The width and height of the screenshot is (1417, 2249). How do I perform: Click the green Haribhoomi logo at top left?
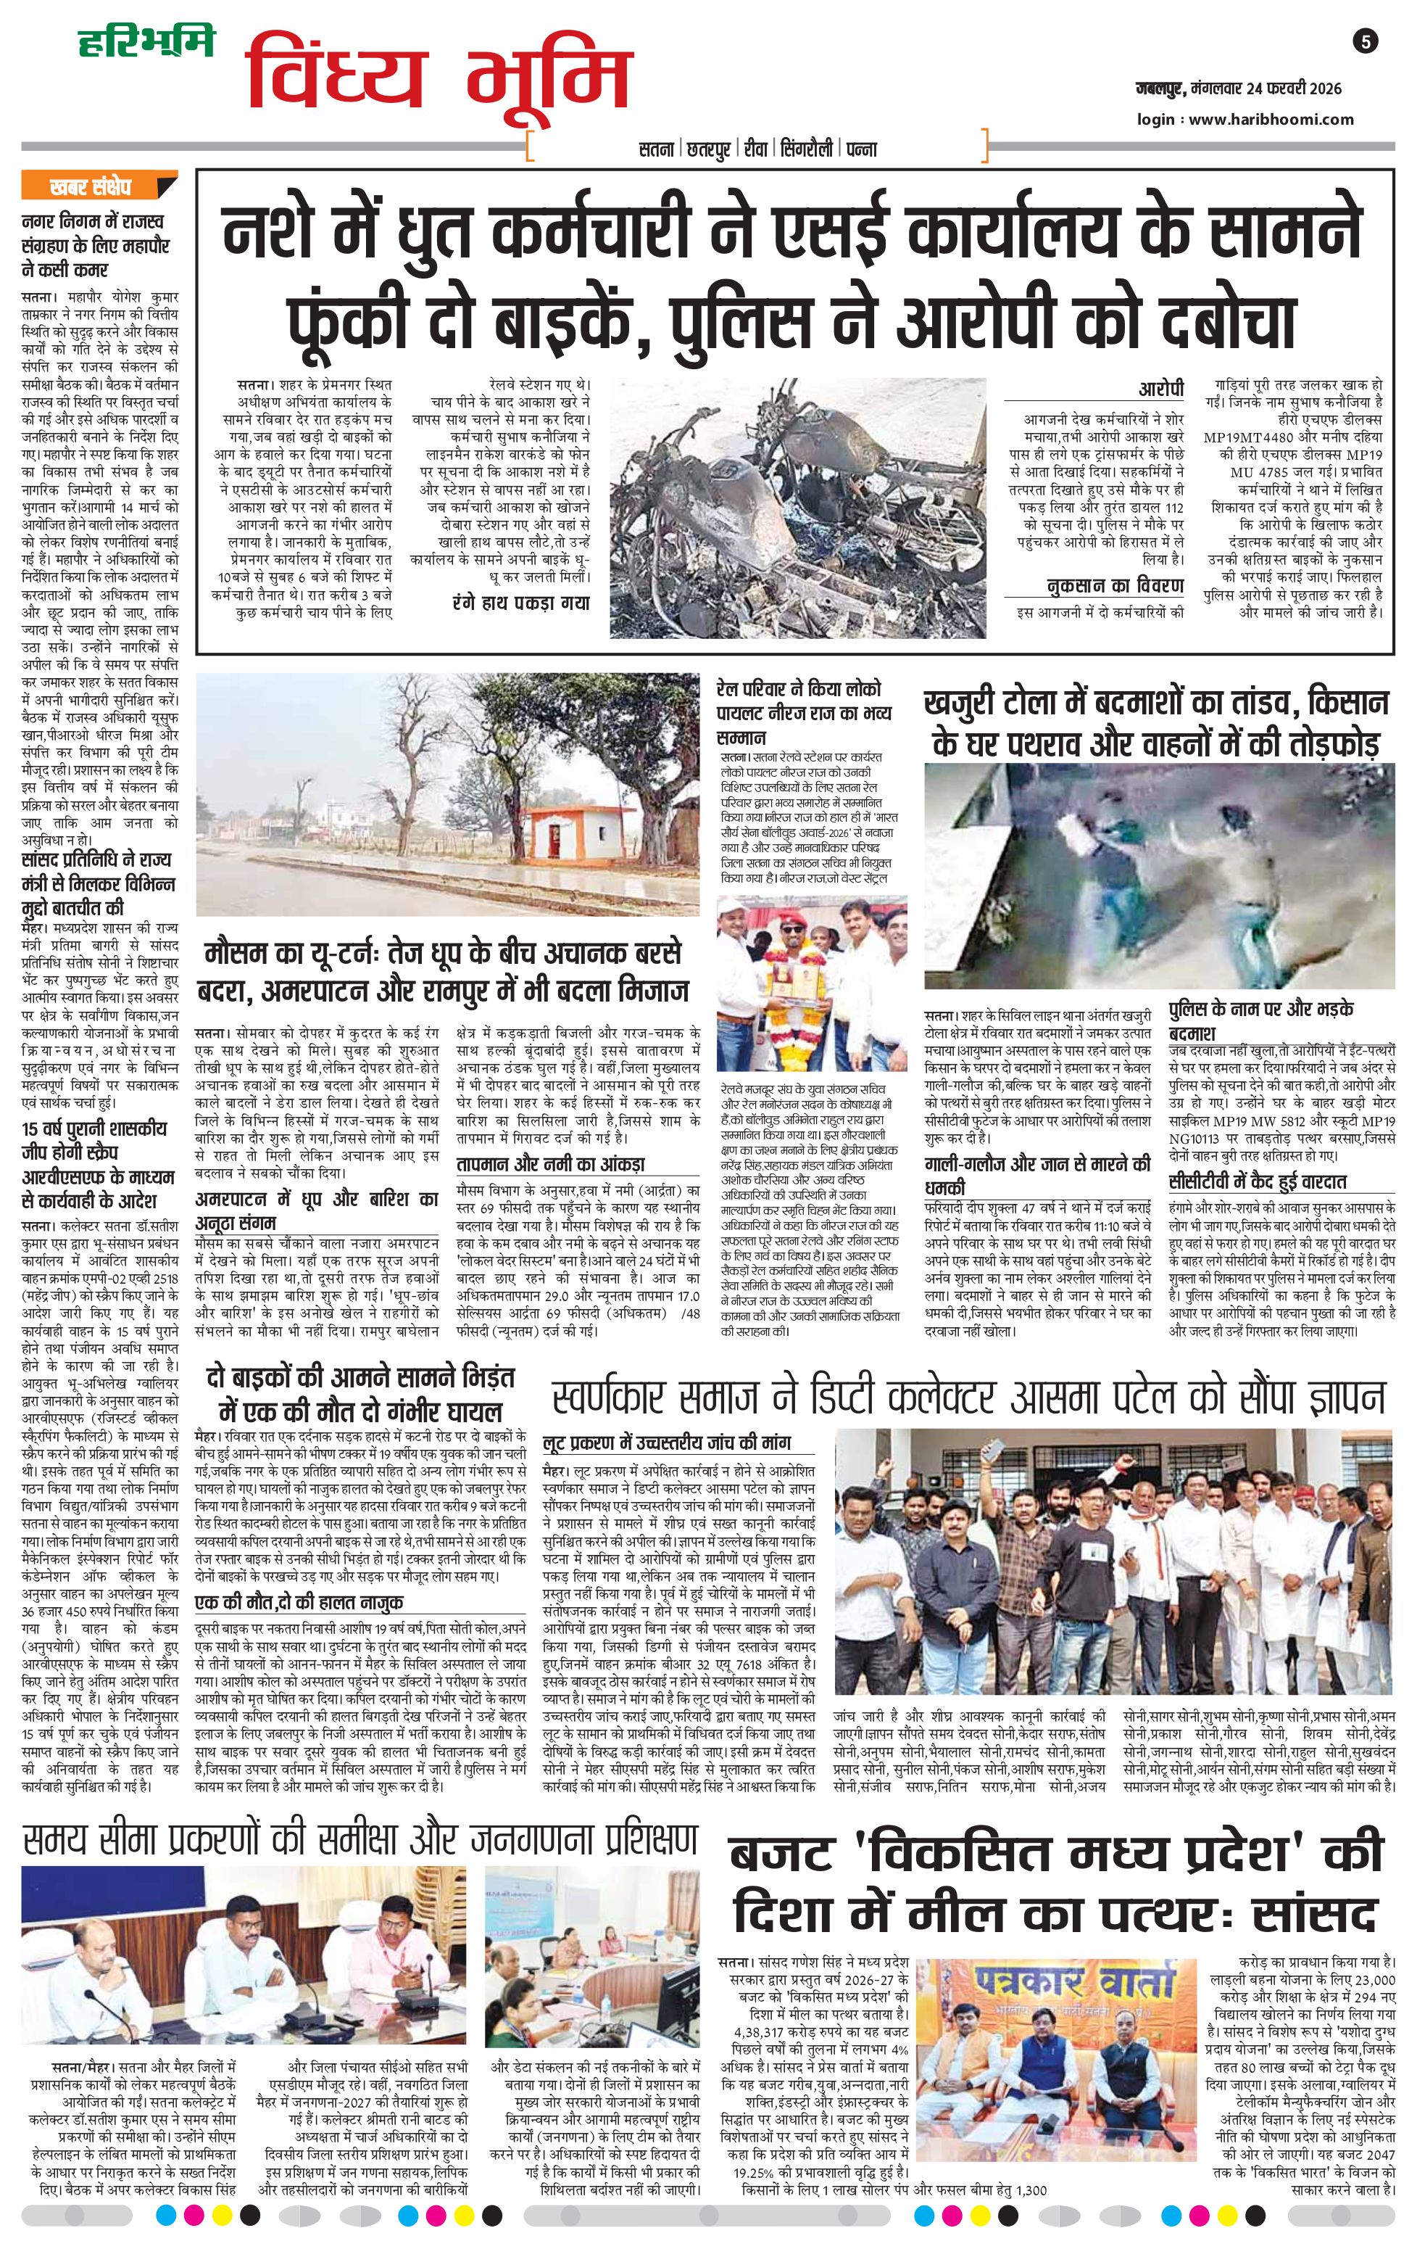tap(146, 42)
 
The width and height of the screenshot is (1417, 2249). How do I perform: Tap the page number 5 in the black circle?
tap(1366, 41)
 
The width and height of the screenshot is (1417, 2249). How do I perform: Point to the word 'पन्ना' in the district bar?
tap(862, 149)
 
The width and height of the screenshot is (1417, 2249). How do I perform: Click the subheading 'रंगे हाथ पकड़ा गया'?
tap(520, 603)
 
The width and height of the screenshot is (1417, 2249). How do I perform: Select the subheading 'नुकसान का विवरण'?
tap(1115, 585)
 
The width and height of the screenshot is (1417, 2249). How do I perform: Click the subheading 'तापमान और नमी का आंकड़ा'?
tap(550, 1165)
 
